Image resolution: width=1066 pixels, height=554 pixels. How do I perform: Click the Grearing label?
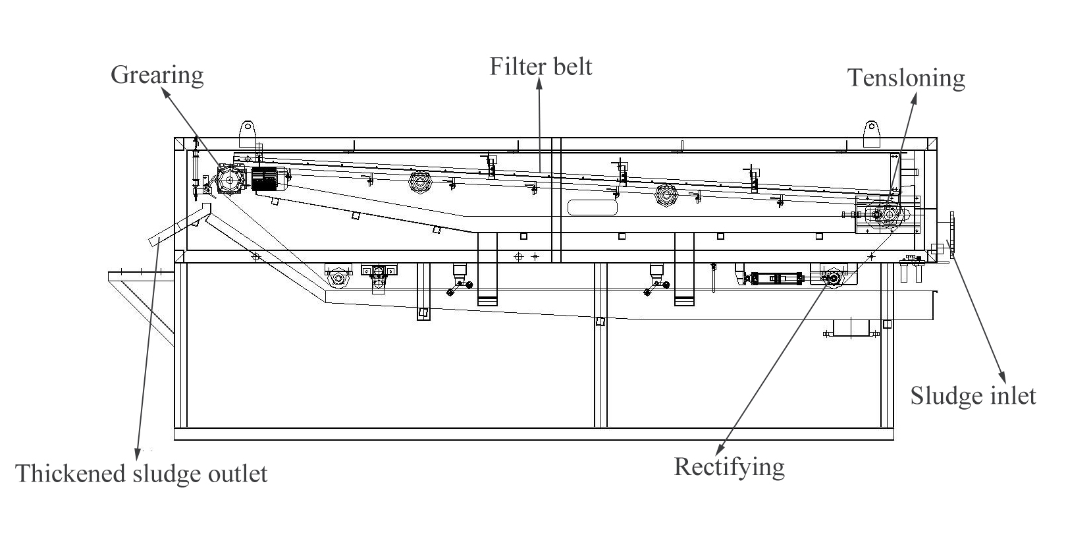(157, 74)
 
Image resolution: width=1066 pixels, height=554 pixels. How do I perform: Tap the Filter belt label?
(541, 67)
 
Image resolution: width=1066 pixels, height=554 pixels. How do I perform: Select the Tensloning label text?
(906, 78)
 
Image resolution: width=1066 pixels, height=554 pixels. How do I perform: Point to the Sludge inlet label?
(973, 396)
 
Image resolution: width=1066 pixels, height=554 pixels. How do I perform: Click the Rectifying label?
(729, 466)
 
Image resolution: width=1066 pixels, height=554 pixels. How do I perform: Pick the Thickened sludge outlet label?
(142, 474)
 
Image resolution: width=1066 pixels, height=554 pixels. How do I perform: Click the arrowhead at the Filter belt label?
(540, 84)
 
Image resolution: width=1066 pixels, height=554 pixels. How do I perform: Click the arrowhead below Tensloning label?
(915, 97)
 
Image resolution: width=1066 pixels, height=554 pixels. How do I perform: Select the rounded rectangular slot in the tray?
(592, 208)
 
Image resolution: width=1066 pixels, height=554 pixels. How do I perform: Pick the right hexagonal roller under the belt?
(666, 194)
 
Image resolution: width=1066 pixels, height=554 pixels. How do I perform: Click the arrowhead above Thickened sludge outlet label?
(137, 453)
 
